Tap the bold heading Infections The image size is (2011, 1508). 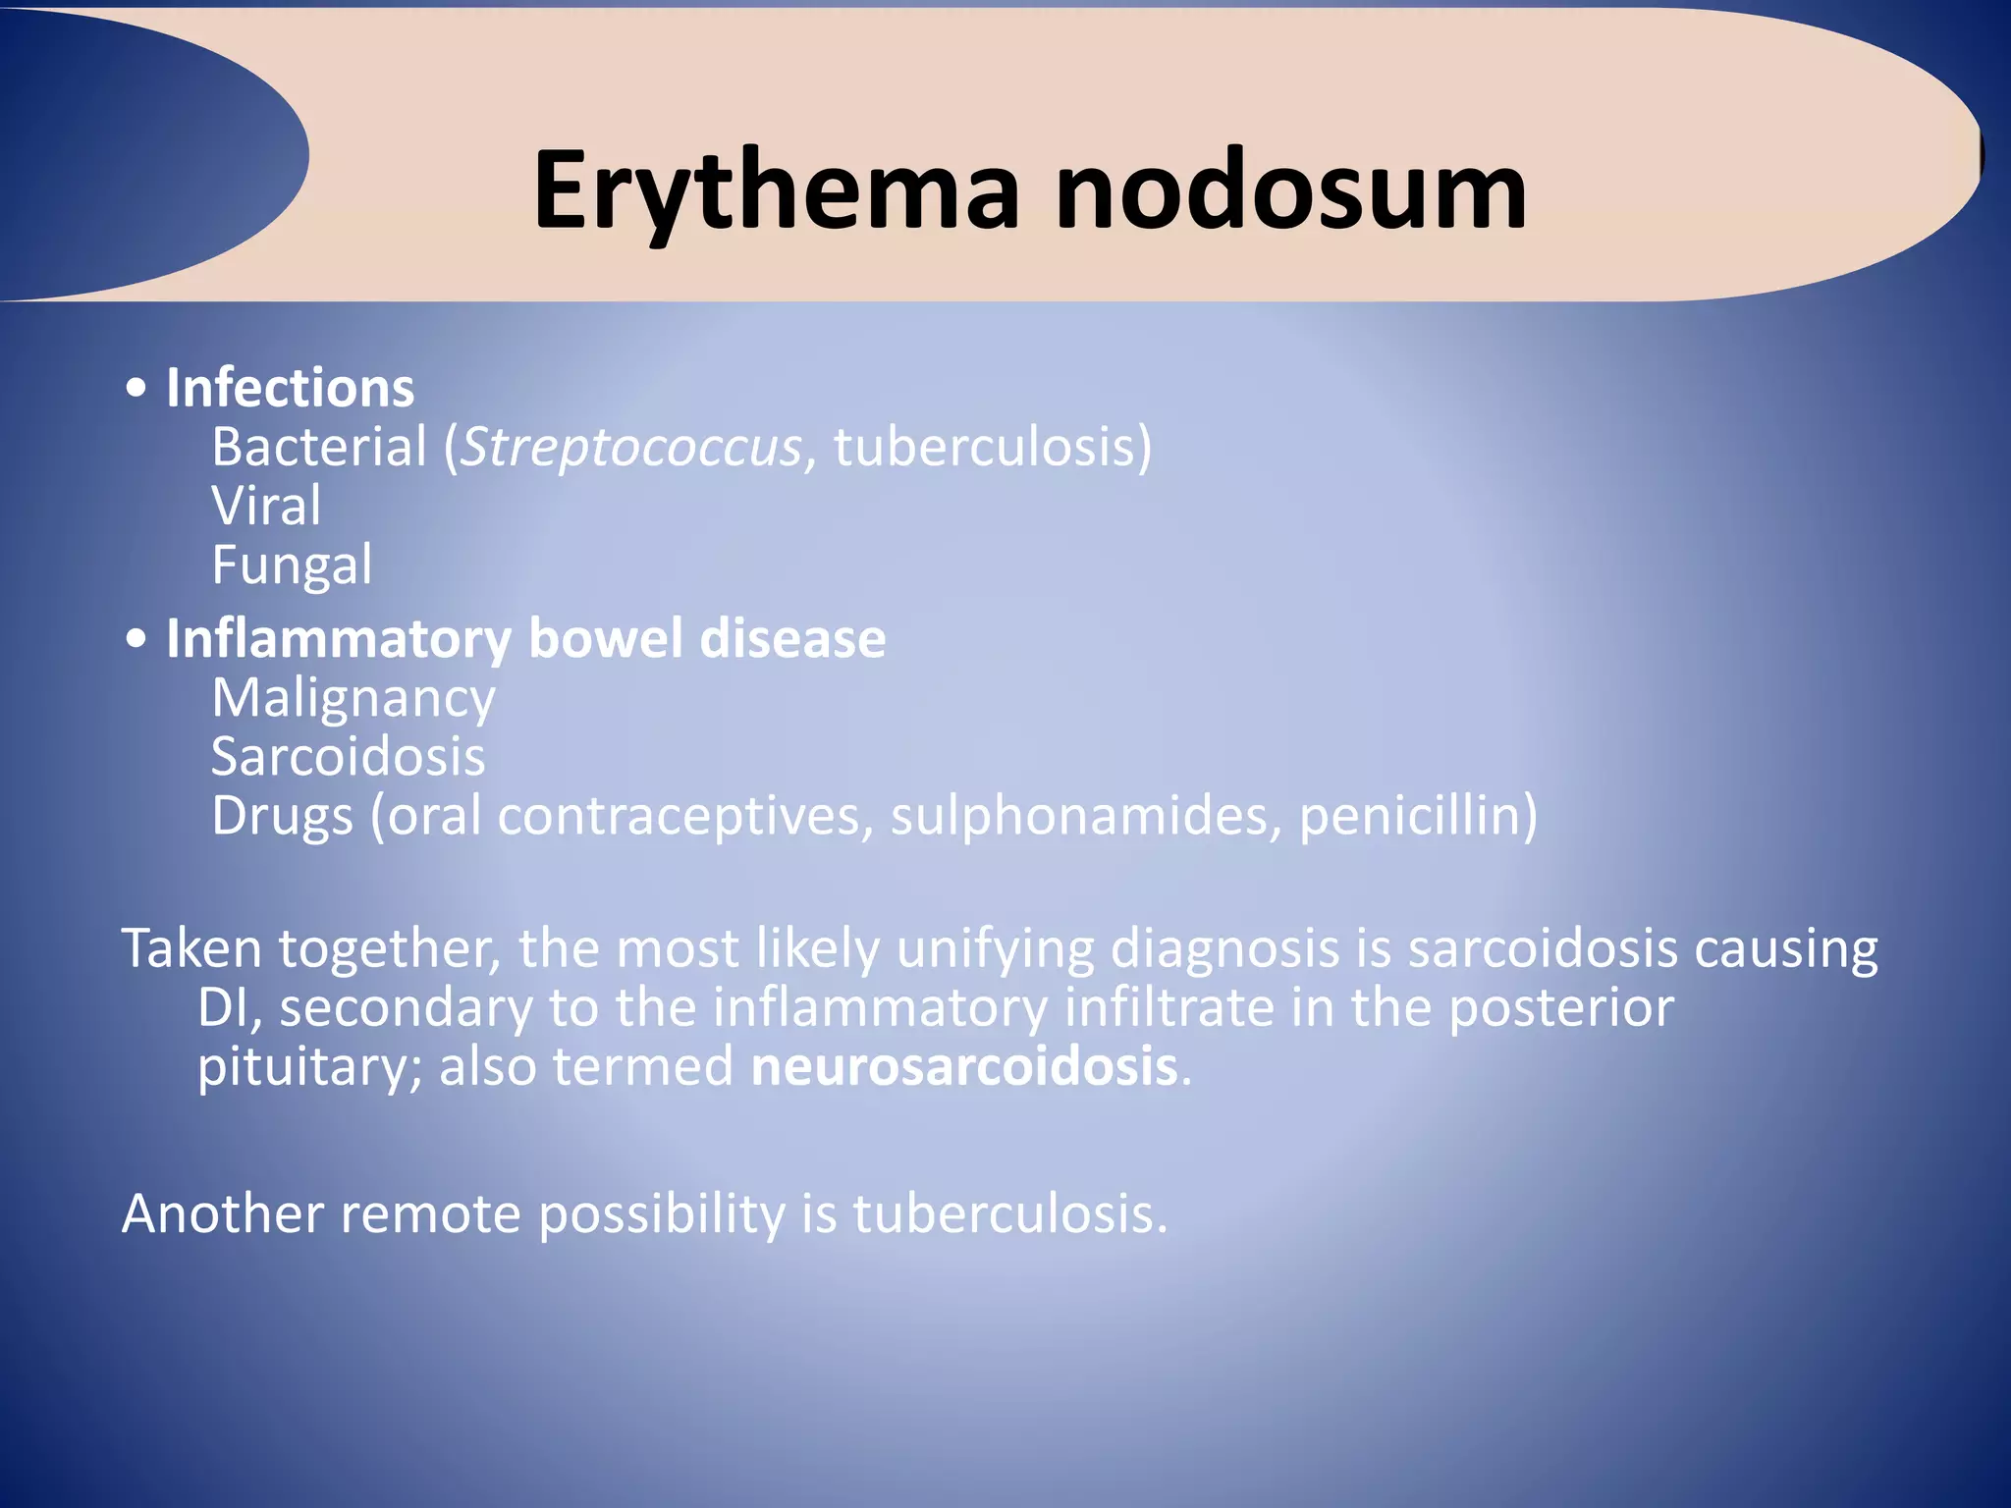click(x=290, y=388)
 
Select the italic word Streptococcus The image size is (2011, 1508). click(x=631, y=448)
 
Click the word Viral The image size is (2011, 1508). click(x=266, y=507)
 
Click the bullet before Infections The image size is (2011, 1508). click(x=137, y=389)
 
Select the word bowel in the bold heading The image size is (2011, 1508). click(x=605, y=639)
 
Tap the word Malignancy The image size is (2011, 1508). click(x=353, y=699)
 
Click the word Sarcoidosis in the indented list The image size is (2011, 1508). click(x=349, y=757)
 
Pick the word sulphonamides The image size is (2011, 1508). click(x=1080, y=816)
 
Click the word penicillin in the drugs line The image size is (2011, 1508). click(x=1418, y=816)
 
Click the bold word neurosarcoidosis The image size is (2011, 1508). click(x=963, y=1066)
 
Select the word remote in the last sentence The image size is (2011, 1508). click(x=430, y=1213)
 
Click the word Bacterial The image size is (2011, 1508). click(x=319, y=448)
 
